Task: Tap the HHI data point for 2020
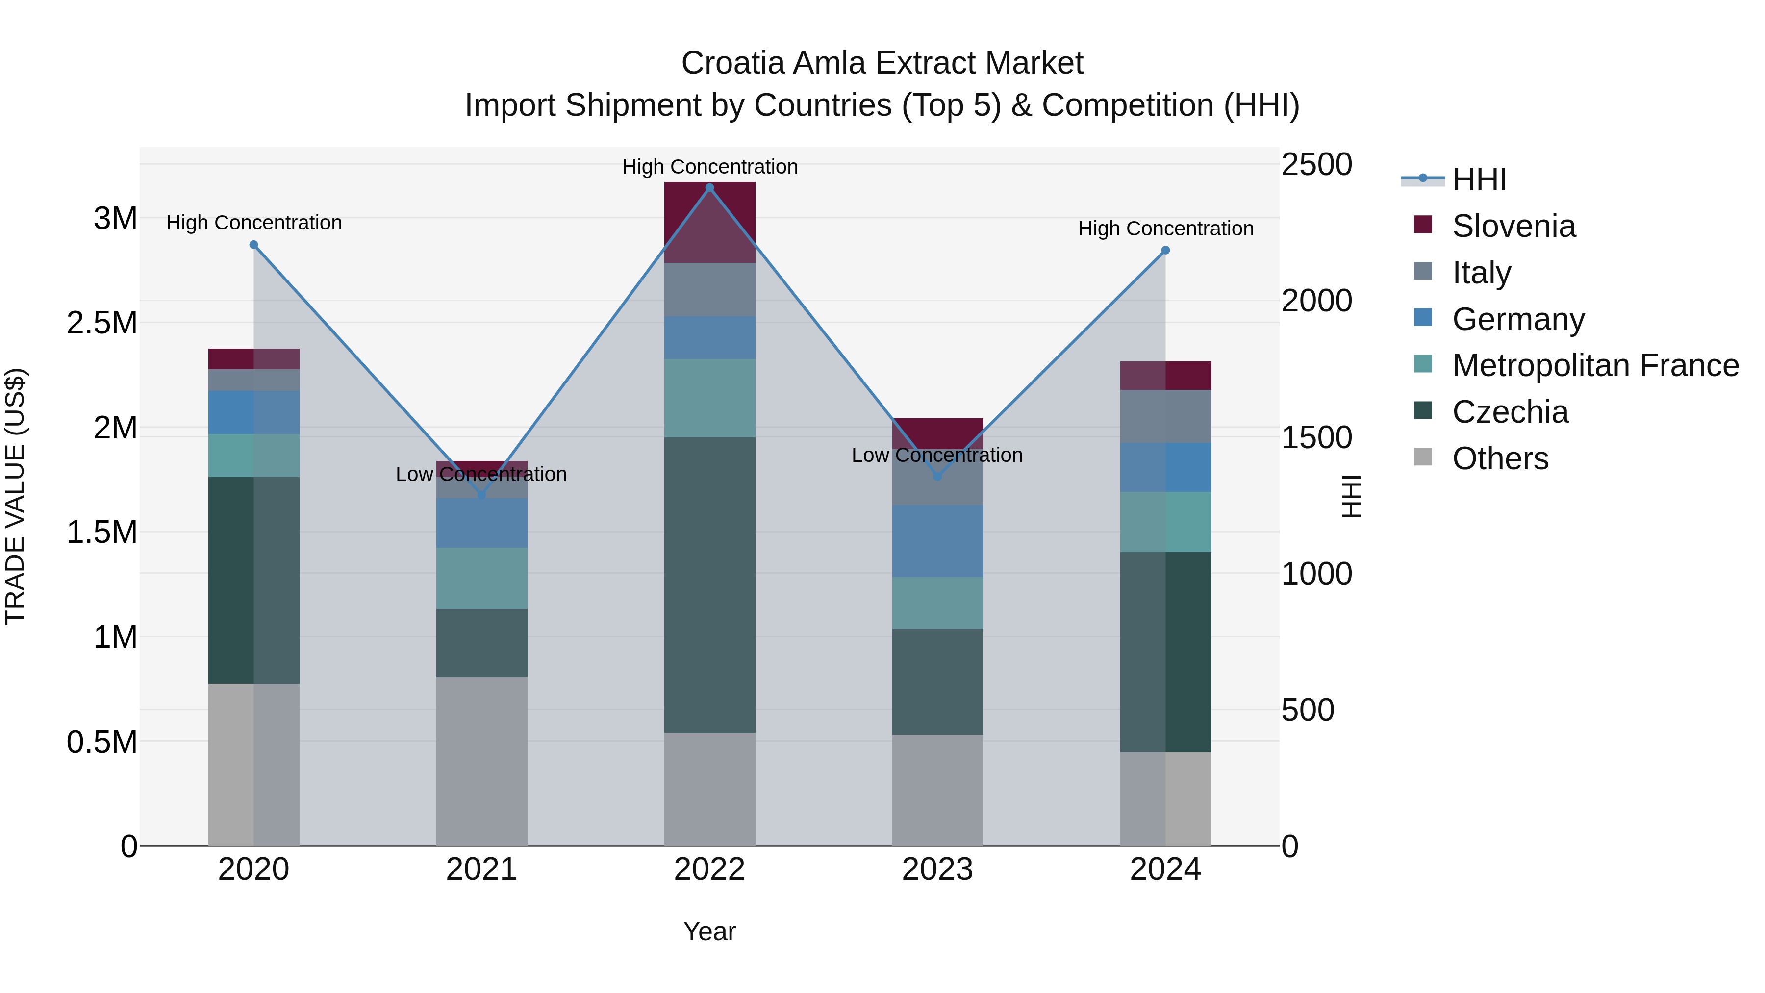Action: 253,245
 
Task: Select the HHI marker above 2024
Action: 1165,251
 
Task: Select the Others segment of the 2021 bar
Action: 481,761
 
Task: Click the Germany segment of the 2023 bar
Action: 937,541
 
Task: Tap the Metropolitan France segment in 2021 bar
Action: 481,578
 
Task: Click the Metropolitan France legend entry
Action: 1595,365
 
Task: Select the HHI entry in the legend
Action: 1479,179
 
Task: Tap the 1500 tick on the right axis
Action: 1316,437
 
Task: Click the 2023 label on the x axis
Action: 937,869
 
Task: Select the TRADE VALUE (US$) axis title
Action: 15,496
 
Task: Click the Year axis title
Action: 709,931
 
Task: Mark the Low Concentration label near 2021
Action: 481,474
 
